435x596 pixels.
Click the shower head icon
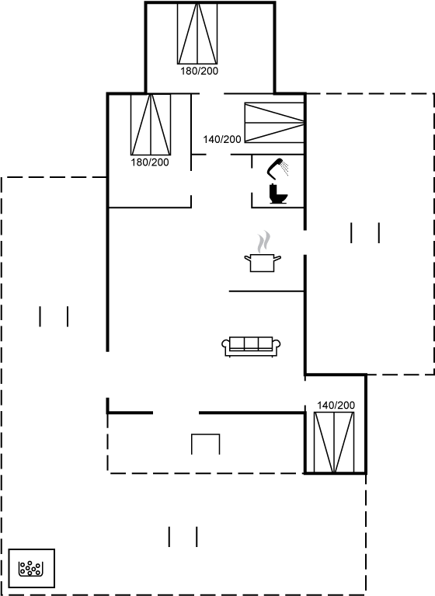pos(278,168)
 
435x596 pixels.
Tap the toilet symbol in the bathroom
pos(278,193)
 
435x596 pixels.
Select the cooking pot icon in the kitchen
pos(263,263)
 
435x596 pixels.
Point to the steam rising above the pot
pos(263,242)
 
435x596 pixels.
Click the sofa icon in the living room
pos(251,347)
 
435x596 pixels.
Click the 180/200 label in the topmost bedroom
pos(199,71)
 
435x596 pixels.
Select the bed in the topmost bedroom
pos(197,33)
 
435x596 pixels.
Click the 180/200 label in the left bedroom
pos(150,162)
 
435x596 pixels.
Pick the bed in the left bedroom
pos(151,124)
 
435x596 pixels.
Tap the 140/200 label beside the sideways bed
pos(222,140)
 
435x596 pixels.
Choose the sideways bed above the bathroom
pos(274,123)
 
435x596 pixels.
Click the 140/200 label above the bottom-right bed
pos(336,405)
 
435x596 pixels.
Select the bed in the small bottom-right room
pos(334,442)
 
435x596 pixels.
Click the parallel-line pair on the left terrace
pos(54,316)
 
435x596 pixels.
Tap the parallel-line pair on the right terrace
pos(365,232)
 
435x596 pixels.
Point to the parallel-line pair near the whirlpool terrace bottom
pos(183,537)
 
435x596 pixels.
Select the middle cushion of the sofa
pos(251,343)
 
